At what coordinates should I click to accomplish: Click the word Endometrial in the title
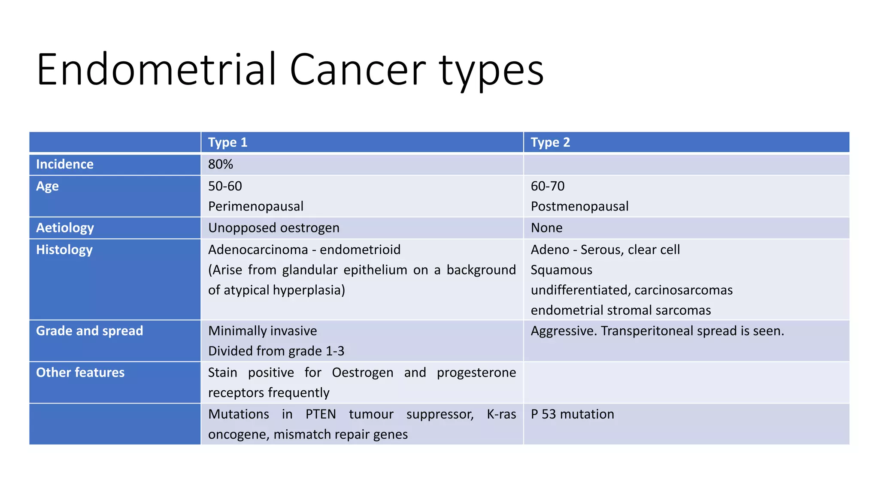157,69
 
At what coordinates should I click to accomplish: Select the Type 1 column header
227,142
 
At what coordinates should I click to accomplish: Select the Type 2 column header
550,142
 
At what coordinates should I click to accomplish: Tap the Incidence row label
65,164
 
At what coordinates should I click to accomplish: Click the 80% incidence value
221,164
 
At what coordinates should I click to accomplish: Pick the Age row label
47,187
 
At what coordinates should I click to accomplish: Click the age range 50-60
225,186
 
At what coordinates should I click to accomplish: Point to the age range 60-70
548,186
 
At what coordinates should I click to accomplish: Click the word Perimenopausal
256,206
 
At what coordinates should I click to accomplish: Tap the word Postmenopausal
579,206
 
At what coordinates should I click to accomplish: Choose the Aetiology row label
65,228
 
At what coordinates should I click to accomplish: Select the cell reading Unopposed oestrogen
274,228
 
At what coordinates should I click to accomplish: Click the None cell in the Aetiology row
546,228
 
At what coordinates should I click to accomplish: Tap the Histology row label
64,250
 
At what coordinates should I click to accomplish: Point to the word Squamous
561,270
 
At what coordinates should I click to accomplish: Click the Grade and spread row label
89,331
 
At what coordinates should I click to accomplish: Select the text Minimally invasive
262,331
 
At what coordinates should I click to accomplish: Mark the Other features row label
80,372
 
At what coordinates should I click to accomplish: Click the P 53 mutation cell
572,414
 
